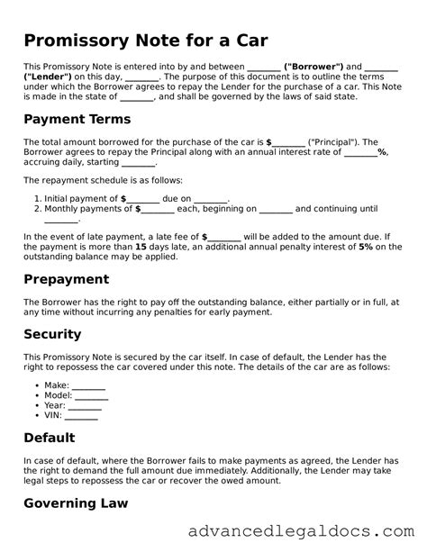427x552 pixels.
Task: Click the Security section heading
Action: [x=52, y=334]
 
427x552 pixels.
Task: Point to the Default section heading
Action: [x=50, y=439]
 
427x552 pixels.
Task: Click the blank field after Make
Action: [x=88, y=385]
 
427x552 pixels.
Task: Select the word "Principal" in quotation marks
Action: [x=333, y=142]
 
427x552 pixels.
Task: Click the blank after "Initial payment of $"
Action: [x=145, y=198]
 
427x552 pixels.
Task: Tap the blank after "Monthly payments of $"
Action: [x=159, y=208]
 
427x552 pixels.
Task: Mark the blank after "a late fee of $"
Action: [x=223, y=235]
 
